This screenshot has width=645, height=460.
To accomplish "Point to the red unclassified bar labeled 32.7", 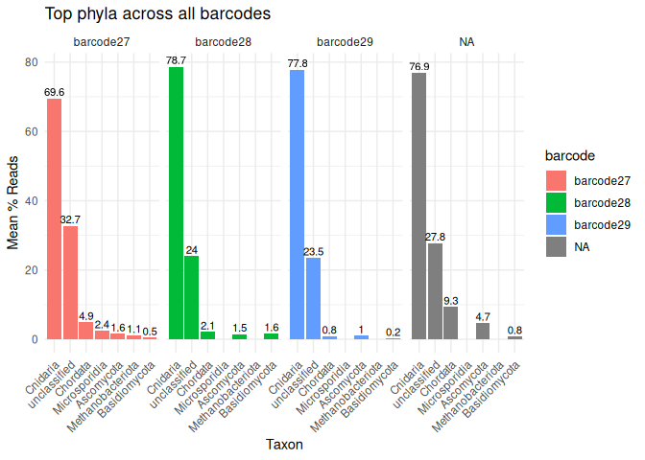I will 70,283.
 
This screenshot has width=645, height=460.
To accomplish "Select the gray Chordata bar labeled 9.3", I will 451,323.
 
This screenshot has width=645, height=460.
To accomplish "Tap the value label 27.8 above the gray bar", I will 435,237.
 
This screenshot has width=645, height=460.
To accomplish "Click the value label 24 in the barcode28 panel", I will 192,250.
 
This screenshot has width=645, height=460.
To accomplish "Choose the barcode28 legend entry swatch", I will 556,203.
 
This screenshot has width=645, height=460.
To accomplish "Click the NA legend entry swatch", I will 556,246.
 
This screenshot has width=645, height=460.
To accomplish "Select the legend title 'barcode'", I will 571,155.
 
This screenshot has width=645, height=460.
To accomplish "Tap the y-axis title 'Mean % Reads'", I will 13,201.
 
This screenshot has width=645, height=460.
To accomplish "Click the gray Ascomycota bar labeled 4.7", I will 483,331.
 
